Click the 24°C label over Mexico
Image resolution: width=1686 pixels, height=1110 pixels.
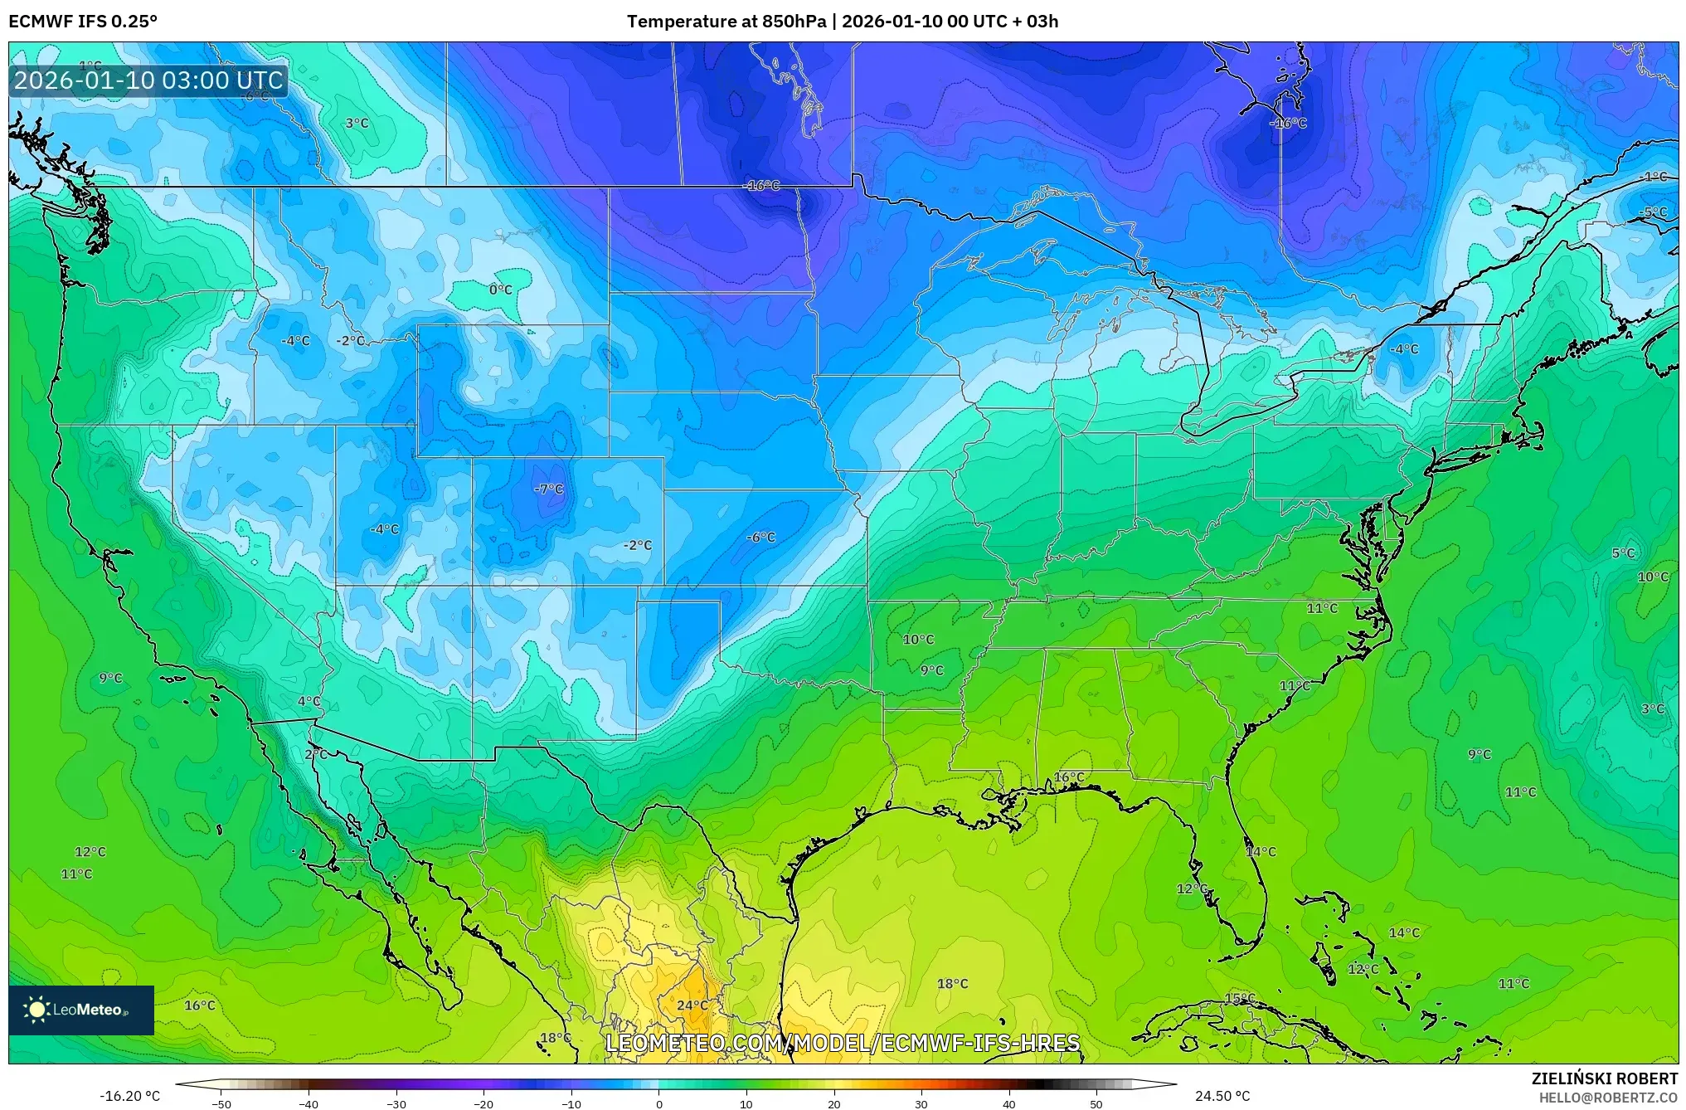coord(692,1005)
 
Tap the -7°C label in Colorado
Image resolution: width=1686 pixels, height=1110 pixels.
coord(548,489)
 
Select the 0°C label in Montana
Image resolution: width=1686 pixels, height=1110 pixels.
coord(500,290)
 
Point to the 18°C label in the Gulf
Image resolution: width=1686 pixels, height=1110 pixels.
coord(952,983)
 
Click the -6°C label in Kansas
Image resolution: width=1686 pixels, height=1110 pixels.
coord(760,537)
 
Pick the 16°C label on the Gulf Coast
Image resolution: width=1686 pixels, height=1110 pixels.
coord(1068,777)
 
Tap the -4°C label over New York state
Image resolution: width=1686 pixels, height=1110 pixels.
coord(1403,349)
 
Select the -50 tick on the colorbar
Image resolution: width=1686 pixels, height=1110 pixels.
coord(221,1103)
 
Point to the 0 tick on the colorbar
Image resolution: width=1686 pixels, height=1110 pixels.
coord(659,1103)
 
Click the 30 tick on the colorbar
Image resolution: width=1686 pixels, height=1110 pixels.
coord(921,1103)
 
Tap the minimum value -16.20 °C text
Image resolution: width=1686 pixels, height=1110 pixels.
coord(129,1096)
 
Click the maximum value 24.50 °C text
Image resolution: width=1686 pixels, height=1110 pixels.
coord(1222,1096)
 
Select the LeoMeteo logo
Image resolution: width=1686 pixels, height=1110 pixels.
coord(81,1010)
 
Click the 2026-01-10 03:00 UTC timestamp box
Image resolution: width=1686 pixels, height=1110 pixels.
coord(148,80)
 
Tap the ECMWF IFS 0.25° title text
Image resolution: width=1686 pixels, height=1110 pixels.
coord(83,22)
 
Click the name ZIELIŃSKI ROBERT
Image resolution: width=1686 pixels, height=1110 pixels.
coord(1604,1078)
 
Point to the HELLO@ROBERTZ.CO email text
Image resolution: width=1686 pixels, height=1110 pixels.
coord(1608,1098)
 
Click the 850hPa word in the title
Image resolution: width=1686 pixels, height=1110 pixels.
coord(794,22)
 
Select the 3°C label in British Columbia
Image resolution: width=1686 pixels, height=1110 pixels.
coord(357,123)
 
